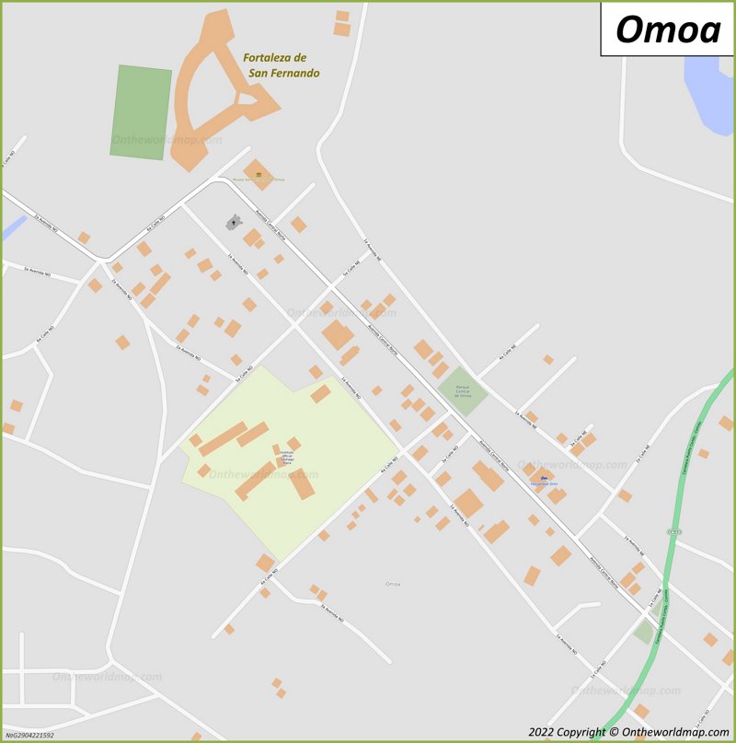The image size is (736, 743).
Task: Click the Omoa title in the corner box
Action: (668, 29)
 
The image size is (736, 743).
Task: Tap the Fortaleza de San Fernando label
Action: (281, 64)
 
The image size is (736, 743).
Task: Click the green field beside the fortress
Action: (141, 111)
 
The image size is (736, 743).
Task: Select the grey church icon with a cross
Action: (233, 222)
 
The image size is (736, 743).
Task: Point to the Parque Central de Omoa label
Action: (463, 390)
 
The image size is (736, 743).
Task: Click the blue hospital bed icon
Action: (543, 478)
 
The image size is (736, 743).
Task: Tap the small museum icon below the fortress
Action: (259, 174)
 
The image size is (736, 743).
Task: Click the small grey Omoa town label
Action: (393, 584)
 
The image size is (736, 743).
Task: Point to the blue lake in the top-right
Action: (710, 92)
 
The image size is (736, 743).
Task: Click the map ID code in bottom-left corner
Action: (30, 735)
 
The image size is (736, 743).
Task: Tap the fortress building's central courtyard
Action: (247, 99)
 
